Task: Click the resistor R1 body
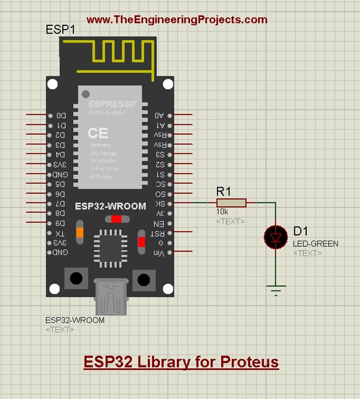point(231,203)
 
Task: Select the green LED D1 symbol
point(275,237)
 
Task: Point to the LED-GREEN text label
point(315,244)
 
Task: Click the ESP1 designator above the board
point(60,30)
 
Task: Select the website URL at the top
point(177,20)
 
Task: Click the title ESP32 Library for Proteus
point(181,362)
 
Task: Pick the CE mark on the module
point(97,133)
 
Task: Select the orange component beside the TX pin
point(80,233)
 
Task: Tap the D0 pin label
point(61,115)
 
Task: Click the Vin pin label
point(159,253)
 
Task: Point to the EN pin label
point(159,223)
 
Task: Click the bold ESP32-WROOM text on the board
point(111,206)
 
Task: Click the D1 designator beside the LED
point(300,231)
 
